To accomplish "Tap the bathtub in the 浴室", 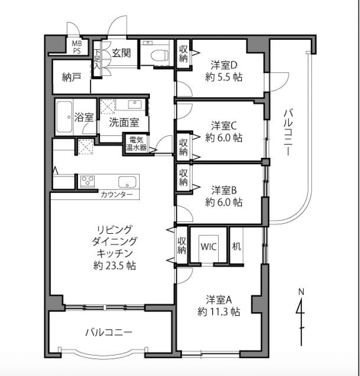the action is point(64,117).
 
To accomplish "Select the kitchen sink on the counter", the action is point(127,182).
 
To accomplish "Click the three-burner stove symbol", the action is point(87,180).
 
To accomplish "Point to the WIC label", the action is point(209,247).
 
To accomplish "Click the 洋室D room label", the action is point(224,65).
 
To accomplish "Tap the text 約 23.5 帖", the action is point(115,265).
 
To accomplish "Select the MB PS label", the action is point(77,47).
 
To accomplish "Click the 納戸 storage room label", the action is point(71,77).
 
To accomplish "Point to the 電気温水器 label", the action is point(136,143).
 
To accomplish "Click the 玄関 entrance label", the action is point(121,53).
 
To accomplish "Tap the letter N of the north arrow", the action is point(301,292).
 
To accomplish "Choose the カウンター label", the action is point(117,194).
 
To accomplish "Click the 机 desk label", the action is point(236,246).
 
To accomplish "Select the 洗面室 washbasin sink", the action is point(135,105).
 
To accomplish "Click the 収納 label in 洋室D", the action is point(183,54).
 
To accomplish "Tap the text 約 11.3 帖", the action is point(219,312).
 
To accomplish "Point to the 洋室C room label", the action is point(224,126).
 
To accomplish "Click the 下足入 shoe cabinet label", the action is point(97,59).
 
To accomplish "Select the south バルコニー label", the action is point(109,332).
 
